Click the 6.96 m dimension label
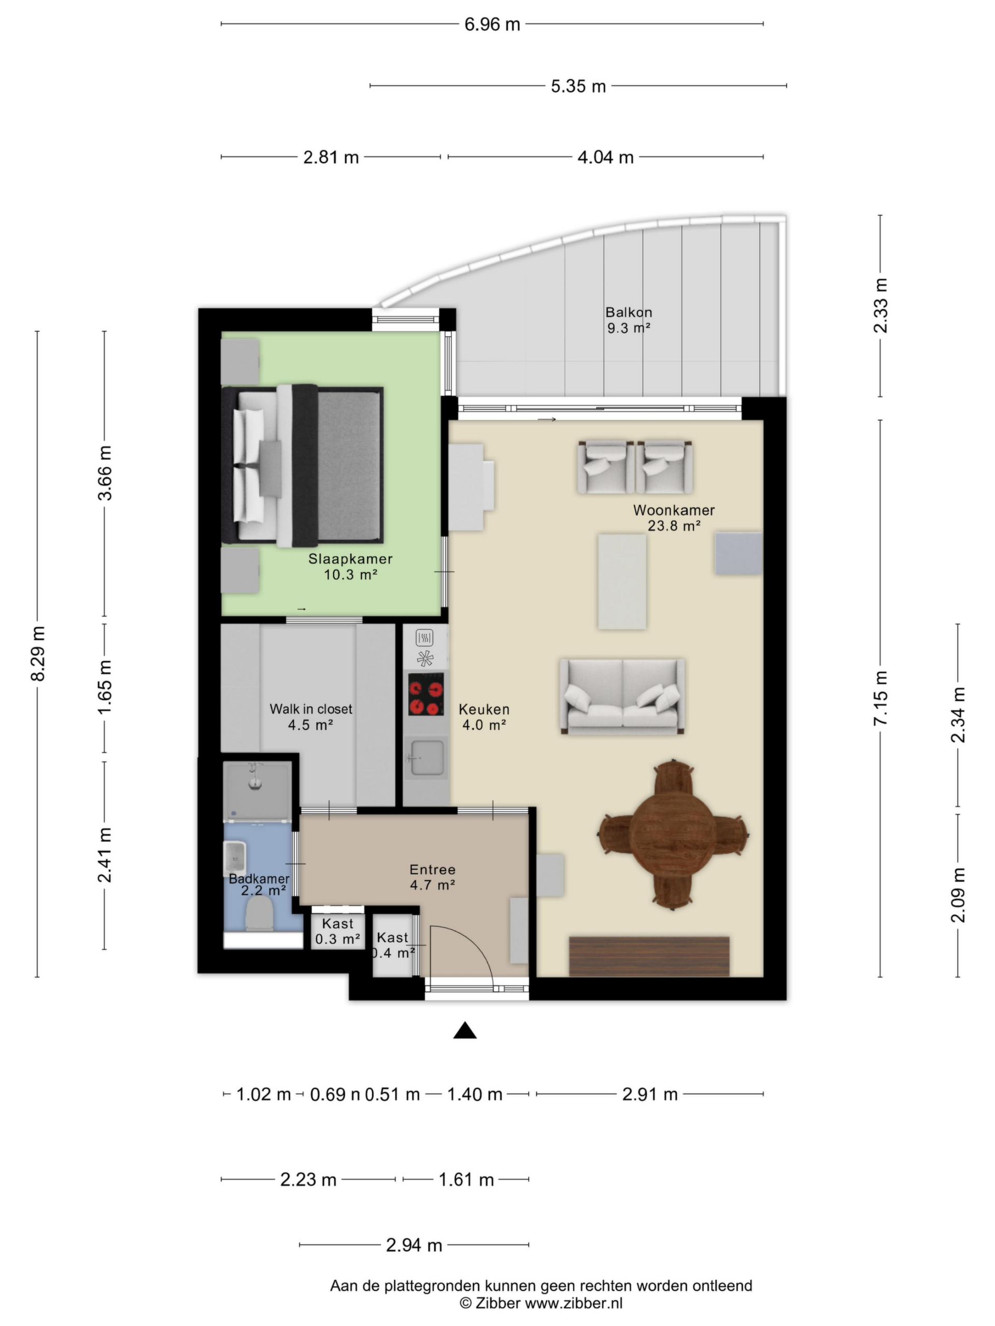pyautogui.click(x=492, y=24)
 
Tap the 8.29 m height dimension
pyautogui.click(x=38, y=653)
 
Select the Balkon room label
pyautogui.click(x=628, y=312)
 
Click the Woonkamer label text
pyautogui.click(x=674, y=510)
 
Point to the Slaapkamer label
pyautogui.click(x=350, y=559)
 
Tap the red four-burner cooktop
pyautogui.click(x=426, y=694)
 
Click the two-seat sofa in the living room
pyautogui.click(x=622, y=697)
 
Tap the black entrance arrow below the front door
pyautogui.click(x=465, y=1030)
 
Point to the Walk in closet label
pyautogui.click(x=310, y=709)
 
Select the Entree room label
pyautogui.click(x=432, y=869)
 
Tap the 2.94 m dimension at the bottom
pyautogui.click(x=414, y=1245)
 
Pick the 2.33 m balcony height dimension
pyautogui.click(x=880, y=306)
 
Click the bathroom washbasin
pyautogui.click(x=235, y=858)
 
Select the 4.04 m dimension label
pyautogui.click(x=605, y=157)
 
